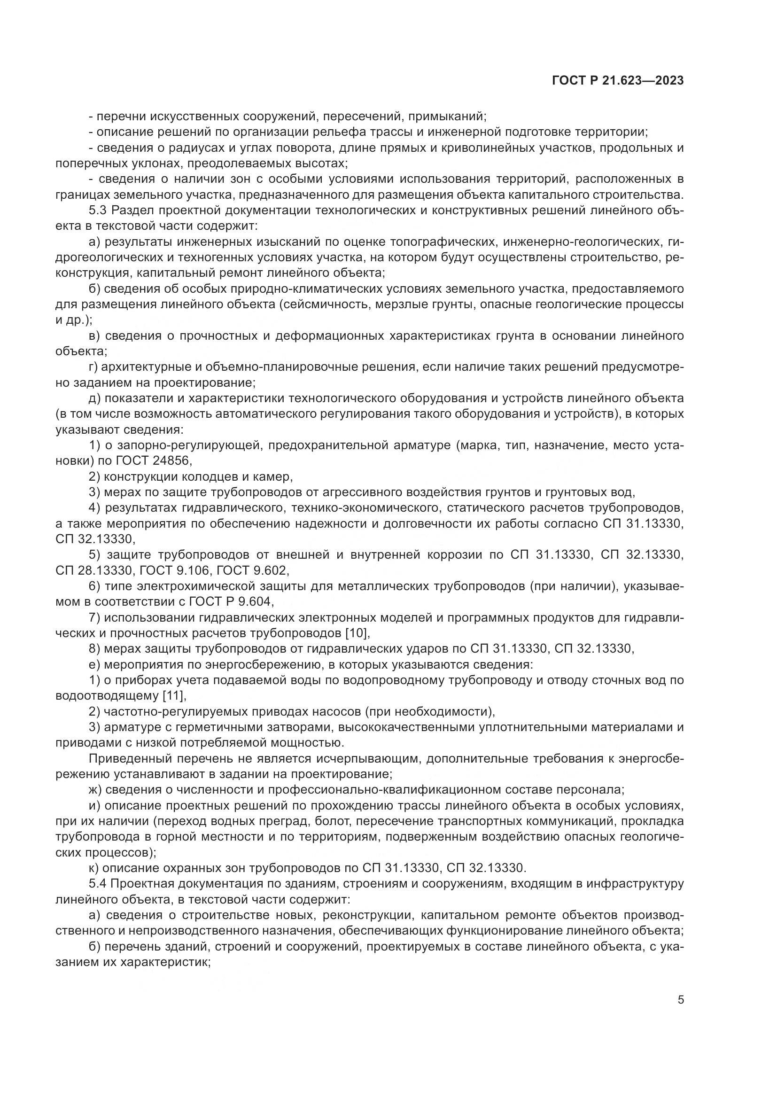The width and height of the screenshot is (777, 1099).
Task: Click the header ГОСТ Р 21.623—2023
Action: [x=618, y=81]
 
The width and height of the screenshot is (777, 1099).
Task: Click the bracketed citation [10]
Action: [x=357, y=633]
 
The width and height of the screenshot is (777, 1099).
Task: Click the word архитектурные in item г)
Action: [x=146, y=367]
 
